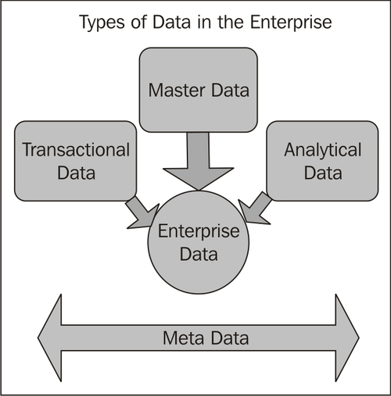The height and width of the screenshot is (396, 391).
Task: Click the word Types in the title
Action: click(x=101, y=22)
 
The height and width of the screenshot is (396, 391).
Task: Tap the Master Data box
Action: click(x=199, y=90)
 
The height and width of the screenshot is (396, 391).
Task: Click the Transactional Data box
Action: click(x=76, y=160)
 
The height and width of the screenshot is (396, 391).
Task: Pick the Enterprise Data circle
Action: click(x=199, y=242)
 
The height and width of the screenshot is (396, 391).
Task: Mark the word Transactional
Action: click(x=76, y=149)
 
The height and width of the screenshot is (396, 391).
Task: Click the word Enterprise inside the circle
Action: click(x=199, y=232)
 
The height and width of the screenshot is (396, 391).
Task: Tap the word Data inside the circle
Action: click(x=199, y=254)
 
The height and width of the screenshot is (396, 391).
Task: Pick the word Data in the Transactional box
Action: click(x=76, y=172)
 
